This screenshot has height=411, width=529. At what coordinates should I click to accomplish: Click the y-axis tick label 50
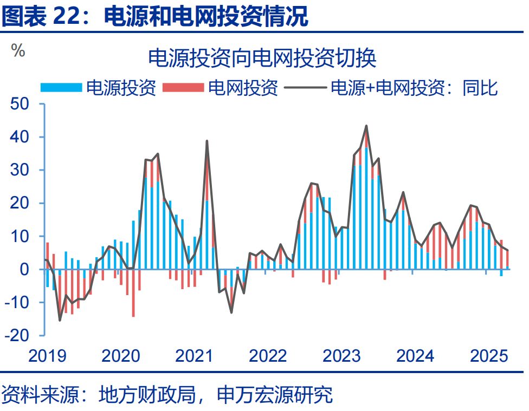(x=22, y=104)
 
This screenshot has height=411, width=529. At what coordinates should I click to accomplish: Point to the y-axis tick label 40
(x=22, y=137)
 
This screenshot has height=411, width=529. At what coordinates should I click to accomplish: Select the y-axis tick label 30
(x=22, y=170)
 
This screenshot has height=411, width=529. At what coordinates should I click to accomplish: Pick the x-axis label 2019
(x=48, y=356)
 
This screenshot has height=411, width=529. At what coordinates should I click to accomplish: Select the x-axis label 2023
(x=342, y=356)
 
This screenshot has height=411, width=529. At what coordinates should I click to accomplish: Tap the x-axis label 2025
(x=489, y=356)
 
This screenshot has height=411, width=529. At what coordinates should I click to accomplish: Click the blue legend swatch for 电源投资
(x=62, y=87)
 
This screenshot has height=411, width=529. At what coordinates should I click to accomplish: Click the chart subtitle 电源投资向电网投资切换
(x=262, y=58)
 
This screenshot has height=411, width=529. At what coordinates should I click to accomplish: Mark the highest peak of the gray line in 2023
(x=366, y=126)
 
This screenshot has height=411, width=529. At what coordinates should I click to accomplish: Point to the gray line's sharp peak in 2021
(x=207, y=141)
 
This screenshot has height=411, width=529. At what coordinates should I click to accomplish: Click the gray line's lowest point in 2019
(x=60, y=320)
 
